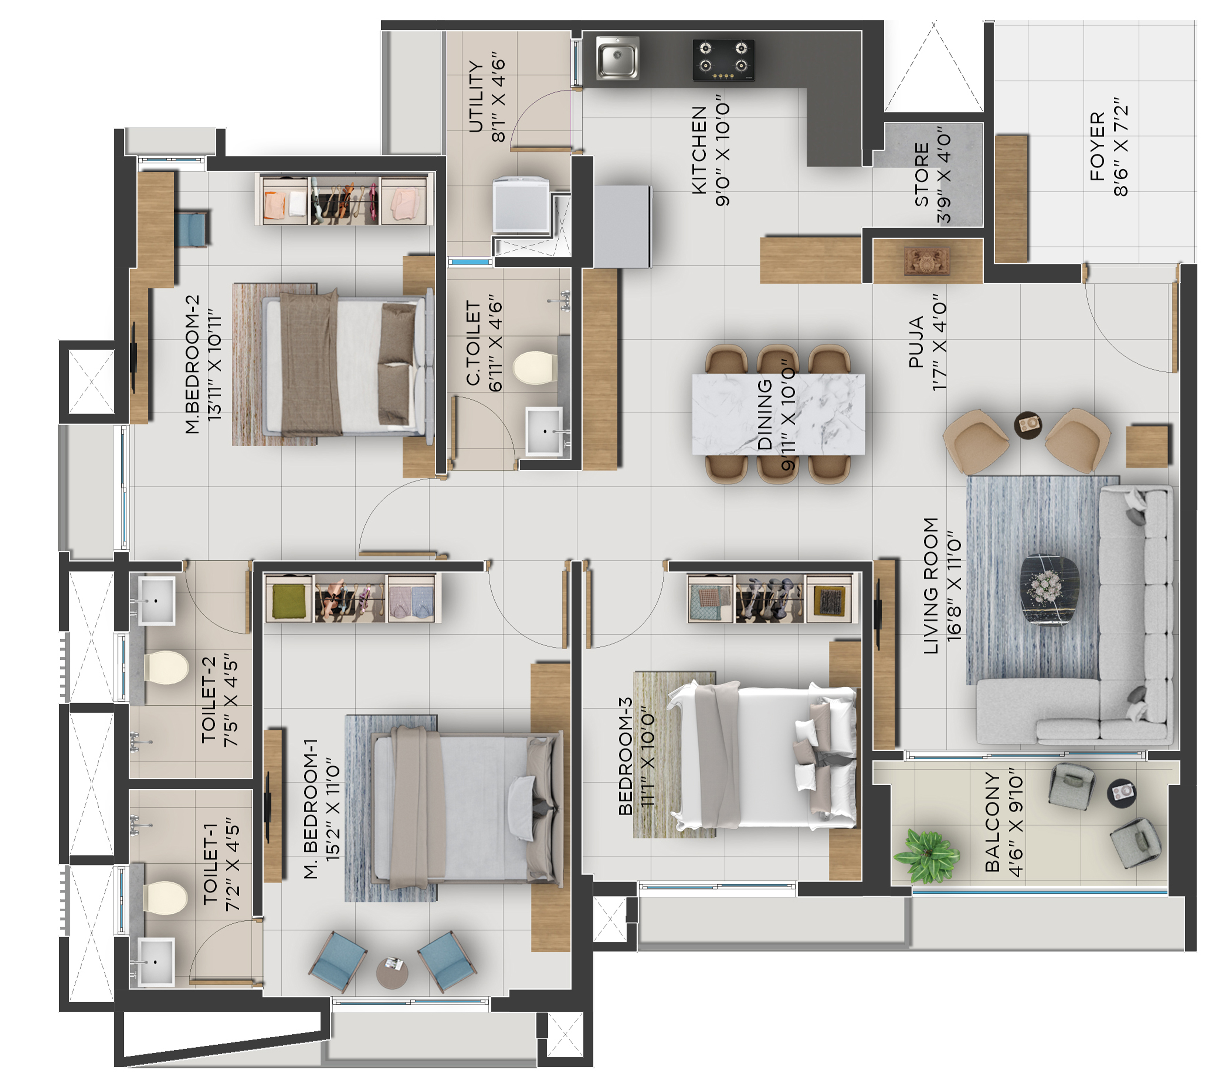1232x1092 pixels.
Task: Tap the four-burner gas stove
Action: (x=723, y=60)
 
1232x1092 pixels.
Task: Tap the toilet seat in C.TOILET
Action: (x=535, y=367)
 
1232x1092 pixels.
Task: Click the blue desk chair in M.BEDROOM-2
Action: (x=194, y=228)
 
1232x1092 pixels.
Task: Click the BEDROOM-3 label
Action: (x=625, y=756)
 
